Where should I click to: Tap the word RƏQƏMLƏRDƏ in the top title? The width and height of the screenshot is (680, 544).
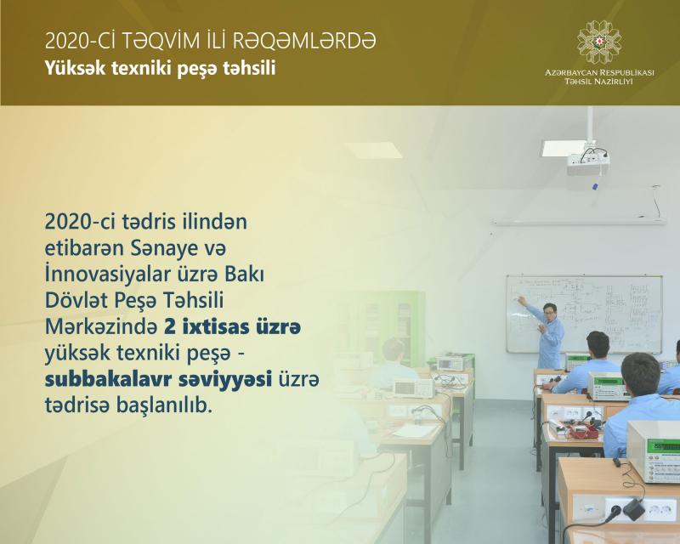304,41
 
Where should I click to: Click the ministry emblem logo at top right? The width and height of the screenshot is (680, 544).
599,42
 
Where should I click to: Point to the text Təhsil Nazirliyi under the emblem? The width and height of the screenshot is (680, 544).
598,81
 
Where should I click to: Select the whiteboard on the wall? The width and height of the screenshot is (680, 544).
584,314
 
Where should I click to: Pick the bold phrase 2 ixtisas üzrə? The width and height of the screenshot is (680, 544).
232,327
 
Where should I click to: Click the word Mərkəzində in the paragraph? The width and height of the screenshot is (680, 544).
101,327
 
